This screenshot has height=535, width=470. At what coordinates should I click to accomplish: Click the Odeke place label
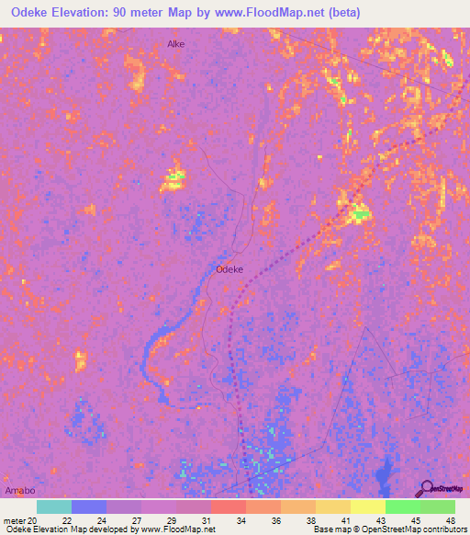coord(229,269)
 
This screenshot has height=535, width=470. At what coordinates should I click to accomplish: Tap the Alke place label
coord(175,43)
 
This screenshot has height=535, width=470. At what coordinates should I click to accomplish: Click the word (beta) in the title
coord(339,13)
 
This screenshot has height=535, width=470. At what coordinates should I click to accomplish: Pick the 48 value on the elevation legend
coord(450,519)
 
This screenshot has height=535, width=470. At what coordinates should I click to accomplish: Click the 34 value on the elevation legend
coord(241,519)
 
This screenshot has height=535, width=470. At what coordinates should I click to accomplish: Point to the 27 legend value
coord(136,519)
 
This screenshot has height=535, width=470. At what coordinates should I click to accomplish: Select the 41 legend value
coord(344,519)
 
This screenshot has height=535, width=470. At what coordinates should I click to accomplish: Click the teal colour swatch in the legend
coord(54,507)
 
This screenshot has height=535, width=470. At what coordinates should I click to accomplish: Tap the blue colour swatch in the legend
coord(89,507)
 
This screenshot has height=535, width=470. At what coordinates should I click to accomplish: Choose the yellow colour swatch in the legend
coord(367,507)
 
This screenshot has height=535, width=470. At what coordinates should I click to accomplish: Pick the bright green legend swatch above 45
coord(402,507)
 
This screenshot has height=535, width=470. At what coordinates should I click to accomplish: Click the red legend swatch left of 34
coord(228,507)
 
